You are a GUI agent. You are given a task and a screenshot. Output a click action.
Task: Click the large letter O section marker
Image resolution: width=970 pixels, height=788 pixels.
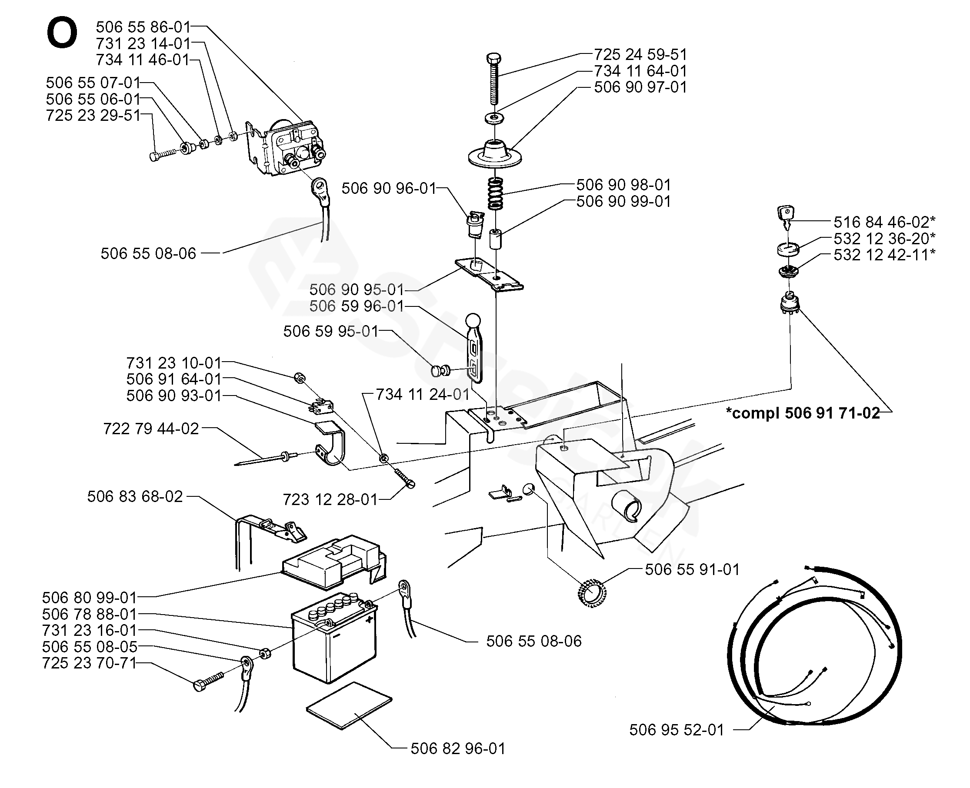tap(62, 33)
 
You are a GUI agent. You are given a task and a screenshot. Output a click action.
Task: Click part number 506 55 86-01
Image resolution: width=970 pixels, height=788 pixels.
tap(143, 27)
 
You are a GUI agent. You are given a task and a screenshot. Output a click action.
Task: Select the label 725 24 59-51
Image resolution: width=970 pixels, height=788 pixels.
tap(640, 54)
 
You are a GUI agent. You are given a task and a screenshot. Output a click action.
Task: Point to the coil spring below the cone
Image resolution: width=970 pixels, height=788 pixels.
tap(496, 193)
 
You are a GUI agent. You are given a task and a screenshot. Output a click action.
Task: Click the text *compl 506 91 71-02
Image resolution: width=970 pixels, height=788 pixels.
tap(803, 413)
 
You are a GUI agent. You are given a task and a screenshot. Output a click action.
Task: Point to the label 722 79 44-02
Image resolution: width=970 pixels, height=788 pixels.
tap(151, 429)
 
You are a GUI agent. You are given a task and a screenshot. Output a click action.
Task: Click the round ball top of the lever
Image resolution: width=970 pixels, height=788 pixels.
tap(473, 320)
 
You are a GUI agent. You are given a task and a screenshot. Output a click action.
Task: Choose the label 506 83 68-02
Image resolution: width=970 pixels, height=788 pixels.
tap(135, 497)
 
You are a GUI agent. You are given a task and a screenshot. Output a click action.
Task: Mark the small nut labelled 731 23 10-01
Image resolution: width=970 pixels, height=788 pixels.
tap(299, 377)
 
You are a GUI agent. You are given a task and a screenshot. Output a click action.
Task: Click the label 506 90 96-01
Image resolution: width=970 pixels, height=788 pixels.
tap(389, 188)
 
